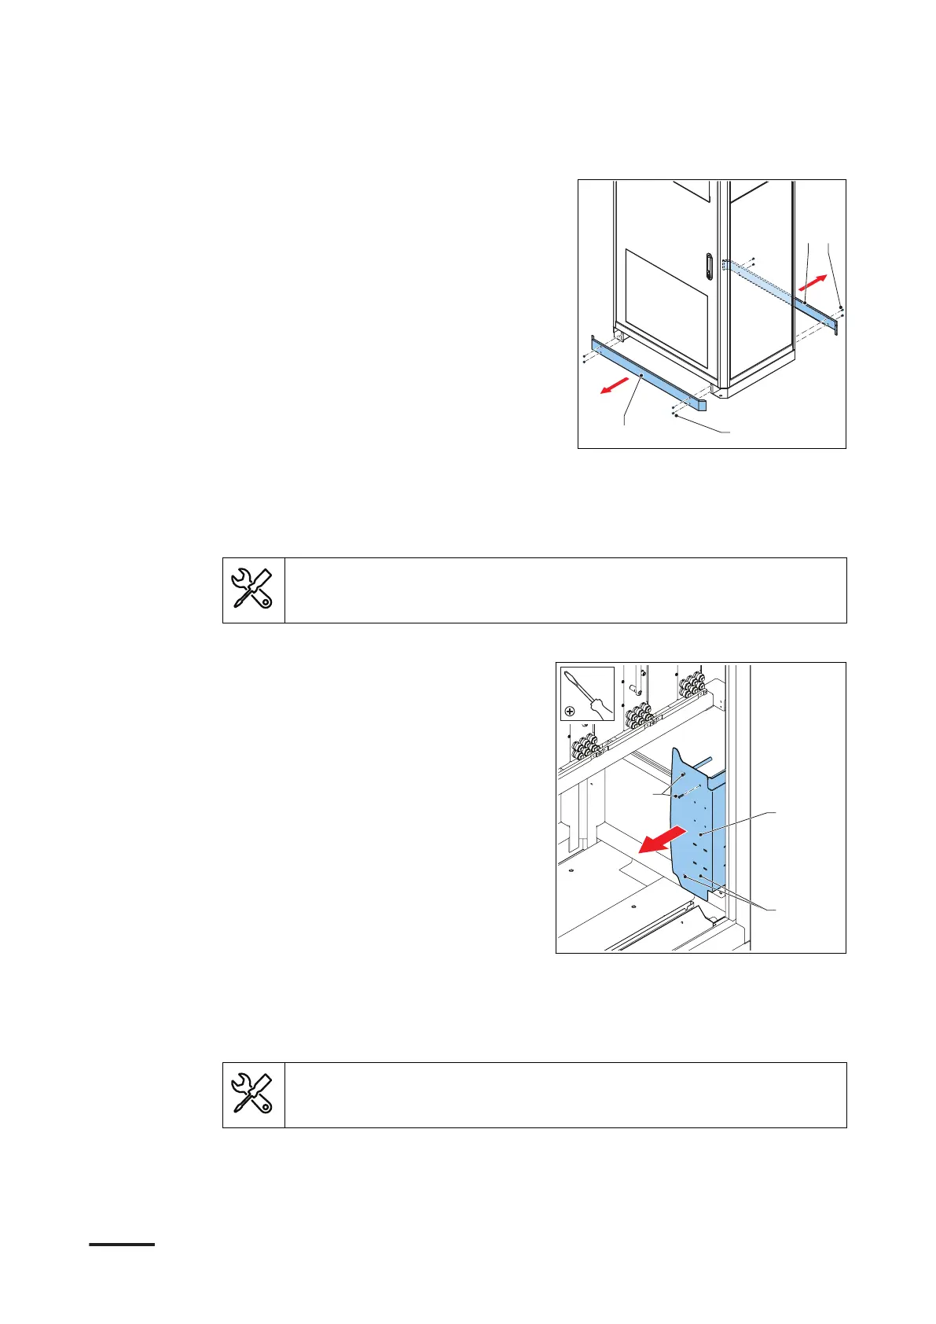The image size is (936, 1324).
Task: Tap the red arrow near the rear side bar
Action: click(814, 281)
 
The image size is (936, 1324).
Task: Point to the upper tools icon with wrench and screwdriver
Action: click(253, 590)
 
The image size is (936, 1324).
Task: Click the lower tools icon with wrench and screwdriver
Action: click(253, 1094)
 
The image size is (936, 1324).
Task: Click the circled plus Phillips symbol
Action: click(570, 711)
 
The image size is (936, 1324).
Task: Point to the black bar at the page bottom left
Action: click(122, 1245)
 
